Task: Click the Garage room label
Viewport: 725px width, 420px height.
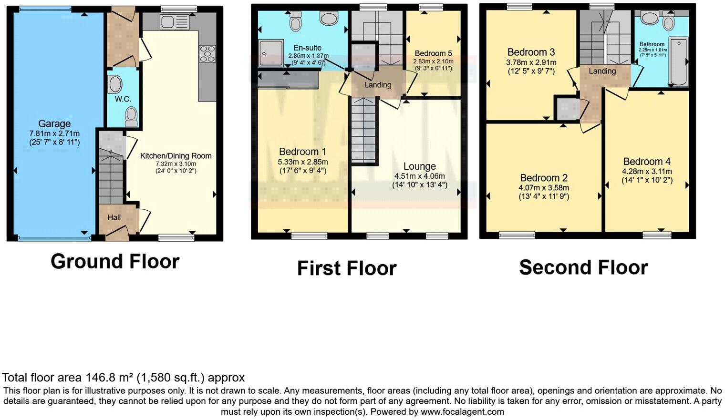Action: point(54,124)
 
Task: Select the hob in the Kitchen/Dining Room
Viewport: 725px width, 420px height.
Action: point(207,54)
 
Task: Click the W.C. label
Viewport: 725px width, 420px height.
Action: point(123,99)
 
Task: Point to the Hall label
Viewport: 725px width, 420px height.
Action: point(114,217)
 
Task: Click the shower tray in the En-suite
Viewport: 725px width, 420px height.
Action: point(271,54)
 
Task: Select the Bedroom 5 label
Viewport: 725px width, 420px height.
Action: point(433,53)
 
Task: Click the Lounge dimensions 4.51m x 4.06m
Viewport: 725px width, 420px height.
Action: point(419,176)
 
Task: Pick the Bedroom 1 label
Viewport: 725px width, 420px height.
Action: point(302,152)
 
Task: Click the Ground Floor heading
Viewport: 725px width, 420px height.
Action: point(115,261)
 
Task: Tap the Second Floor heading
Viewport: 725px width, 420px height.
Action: point(583,267)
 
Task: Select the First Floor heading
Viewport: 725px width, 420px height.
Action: point(347,268)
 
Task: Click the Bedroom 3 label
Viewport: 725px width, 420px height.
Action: point(531,52)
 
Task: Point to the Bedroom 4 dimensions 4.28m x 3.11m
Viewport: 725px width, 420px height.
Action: point(647,172)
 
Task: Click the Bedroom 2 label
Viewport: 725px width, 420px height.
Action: point(544,178)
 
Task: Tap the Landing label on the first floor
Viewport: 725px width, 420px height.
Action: point(378,85)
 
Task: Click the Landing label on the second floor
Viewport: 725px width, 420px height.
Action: point(602,71)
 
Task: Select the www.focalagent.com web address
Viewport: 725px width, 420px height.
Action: point(462,411)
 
